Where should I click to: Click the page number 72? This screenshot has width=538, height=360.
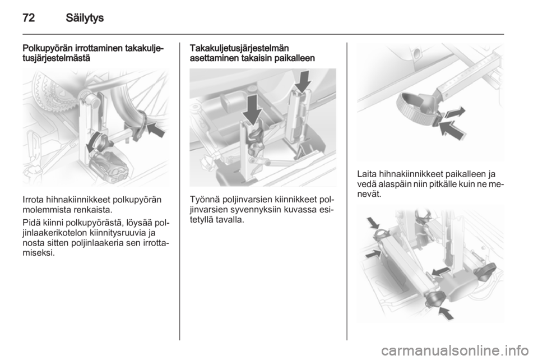(x=29, y=17)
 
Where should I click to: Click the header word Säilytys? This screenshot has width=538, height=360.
(x=85, y=18)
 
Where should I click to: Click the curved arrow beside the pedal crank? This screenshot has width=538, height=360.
(x=94, y=141)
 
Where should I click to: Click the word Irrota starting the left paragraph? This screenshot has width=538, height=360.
(x=33, y=200)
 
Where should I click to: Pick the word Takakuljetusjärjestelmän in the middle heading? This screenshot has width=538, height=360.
(x=239, y=48)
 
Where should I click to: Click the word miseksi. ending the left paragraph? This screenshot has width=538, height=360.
(x=38, y=253)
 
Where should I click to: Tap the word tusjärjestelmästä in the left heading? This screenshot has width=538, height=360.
(x=56, y=58)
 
